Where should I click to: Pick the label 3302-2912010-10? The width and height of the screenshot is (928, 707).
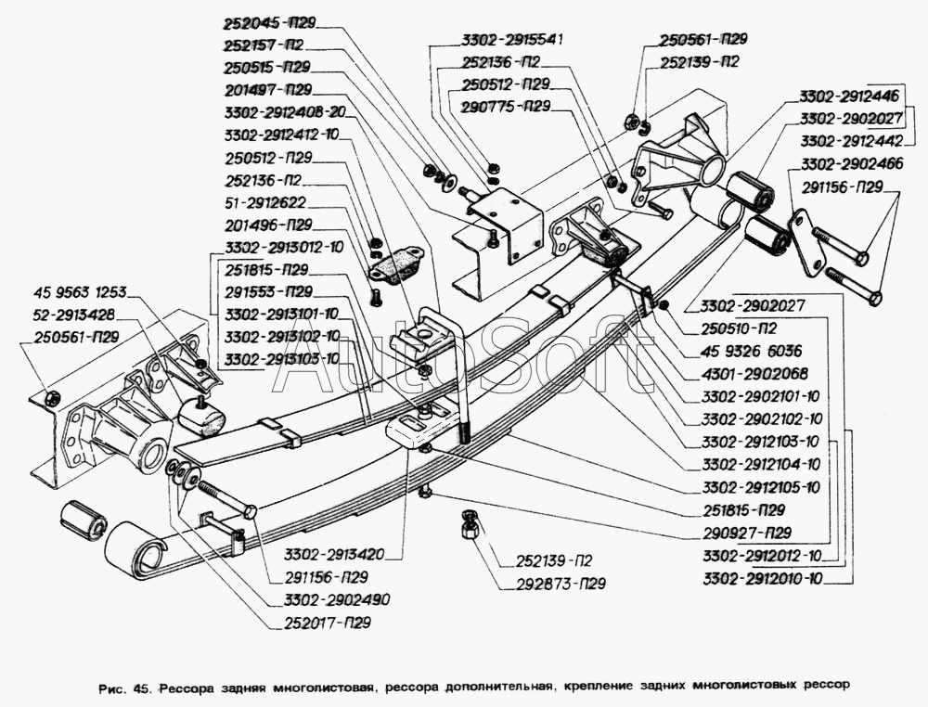coord(763,579)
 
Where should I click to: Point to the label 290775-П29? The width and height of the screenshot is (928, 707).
coord(506,107)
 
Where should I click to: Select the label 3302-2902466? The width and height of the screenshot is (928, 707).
coord(847,163)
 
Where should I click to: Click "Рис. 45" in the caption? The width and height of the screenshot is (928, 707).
coord(126,688)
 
